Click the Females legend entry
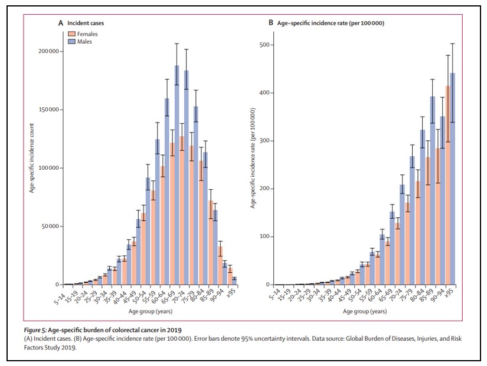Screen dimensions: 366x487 (x=84, y=34)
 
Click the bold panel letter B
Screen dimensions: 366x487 (x=271, y=22)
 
